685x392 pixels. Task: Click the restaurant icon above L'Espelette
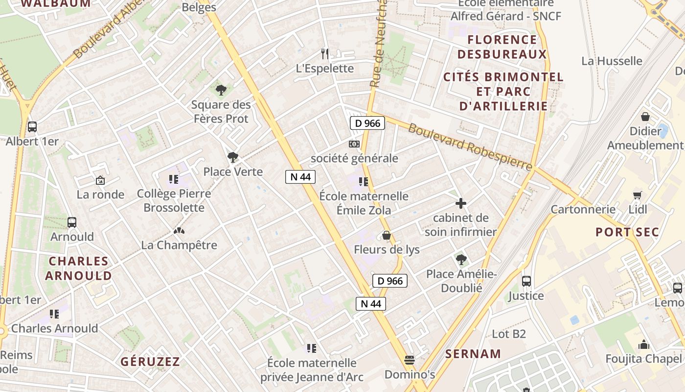click(325, 53)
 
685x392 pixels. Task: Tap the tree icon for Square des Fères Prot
click(221, 90)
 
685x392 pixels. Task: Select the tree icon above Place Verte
click(233, 157)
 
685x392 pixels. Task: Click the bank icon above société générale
click(354, 144)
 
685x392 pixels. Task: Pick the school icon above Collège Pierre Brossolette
click(174, 179)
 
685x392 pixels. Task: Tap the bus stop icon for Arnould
click(72, 222)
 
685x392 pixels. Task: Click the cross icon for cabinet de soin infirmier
click(460, 203)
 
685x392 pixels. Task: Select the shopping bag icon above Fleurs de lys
click(387, 236)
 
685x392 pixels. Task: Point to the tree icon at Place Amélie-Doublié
click(460, 260)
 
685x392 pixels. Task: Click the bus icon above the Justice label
click(526, 281)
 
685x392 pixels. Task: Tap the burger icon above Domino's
click(410, 360)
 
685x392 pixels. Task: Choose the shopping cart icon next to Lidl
click(637, 195)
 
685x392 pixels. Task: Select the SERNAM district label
click(473, 354)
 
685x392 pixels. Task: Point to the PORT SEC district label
click(627, 232)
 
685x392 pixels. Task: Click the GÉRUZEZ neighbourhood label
click(150, 362)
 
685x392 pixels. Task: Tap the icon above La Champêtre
click(179, 230)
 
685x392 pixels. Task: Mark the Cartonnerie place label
click(583, 209)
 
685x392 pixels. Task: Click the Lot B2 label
click(509, 334)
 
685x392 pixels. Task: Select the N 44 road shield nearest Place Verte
click(300, 177)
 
